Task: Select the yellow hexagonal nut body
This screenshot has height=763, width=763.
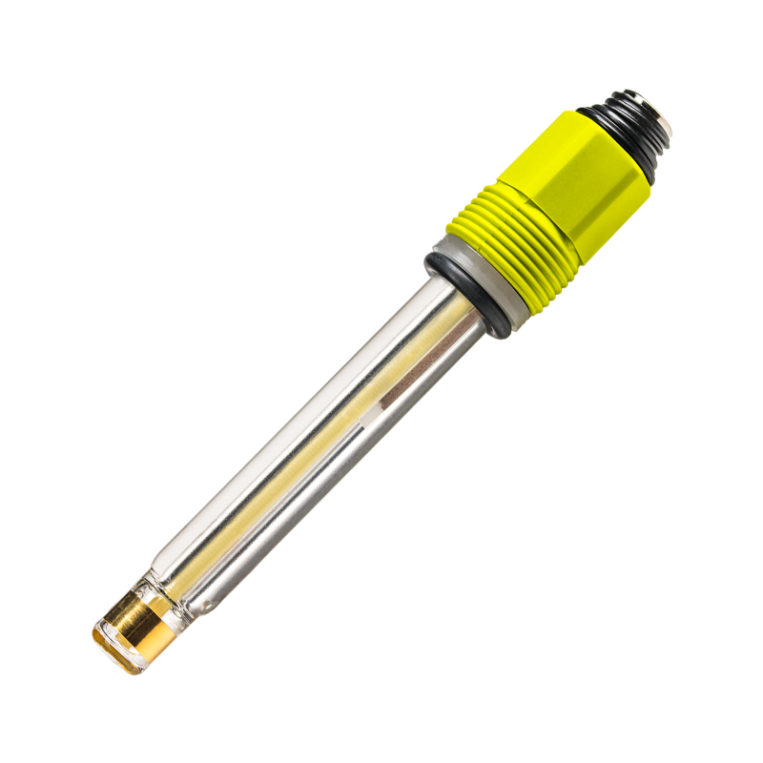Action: [x=582, y=172]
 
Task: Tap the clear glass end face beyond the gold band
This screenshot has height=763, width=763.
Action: [x=113, y=649]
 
